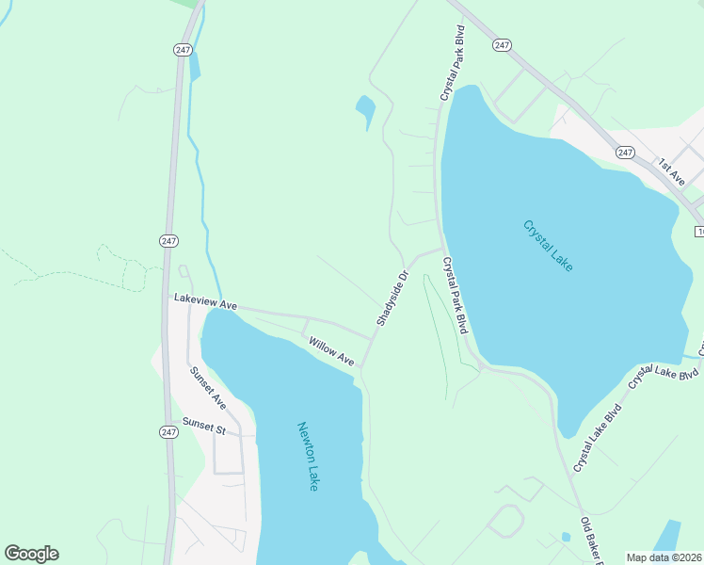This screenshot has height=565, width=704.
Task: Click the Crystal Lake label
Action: coord(548,246)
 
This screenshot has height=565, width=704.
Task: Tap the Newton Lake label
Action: coord(309,456)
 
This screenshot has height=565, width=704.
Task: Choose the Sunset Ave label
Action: coord(208,387)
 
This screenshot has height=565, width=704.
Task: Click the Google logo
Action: coord(31,554)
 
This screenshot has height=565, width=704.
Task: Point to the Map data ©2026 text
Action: coord(664,557)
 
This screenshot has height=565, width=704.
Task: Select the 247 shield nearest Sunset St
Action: coord(168,431)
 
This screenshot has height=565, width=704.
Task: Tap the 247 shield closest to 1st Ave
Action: coord(626,152)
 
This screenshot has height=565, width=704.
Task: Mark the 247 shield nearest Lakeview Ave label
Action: coord(168,240)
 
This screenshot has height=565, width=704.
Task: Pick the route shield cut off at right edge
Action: coord(699,231)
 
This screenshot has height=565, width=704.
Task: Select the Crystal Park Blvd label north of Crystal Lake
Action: coord(453,64)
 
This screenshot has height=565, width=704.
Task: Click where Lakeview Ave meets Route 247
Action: coord(168,299)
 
